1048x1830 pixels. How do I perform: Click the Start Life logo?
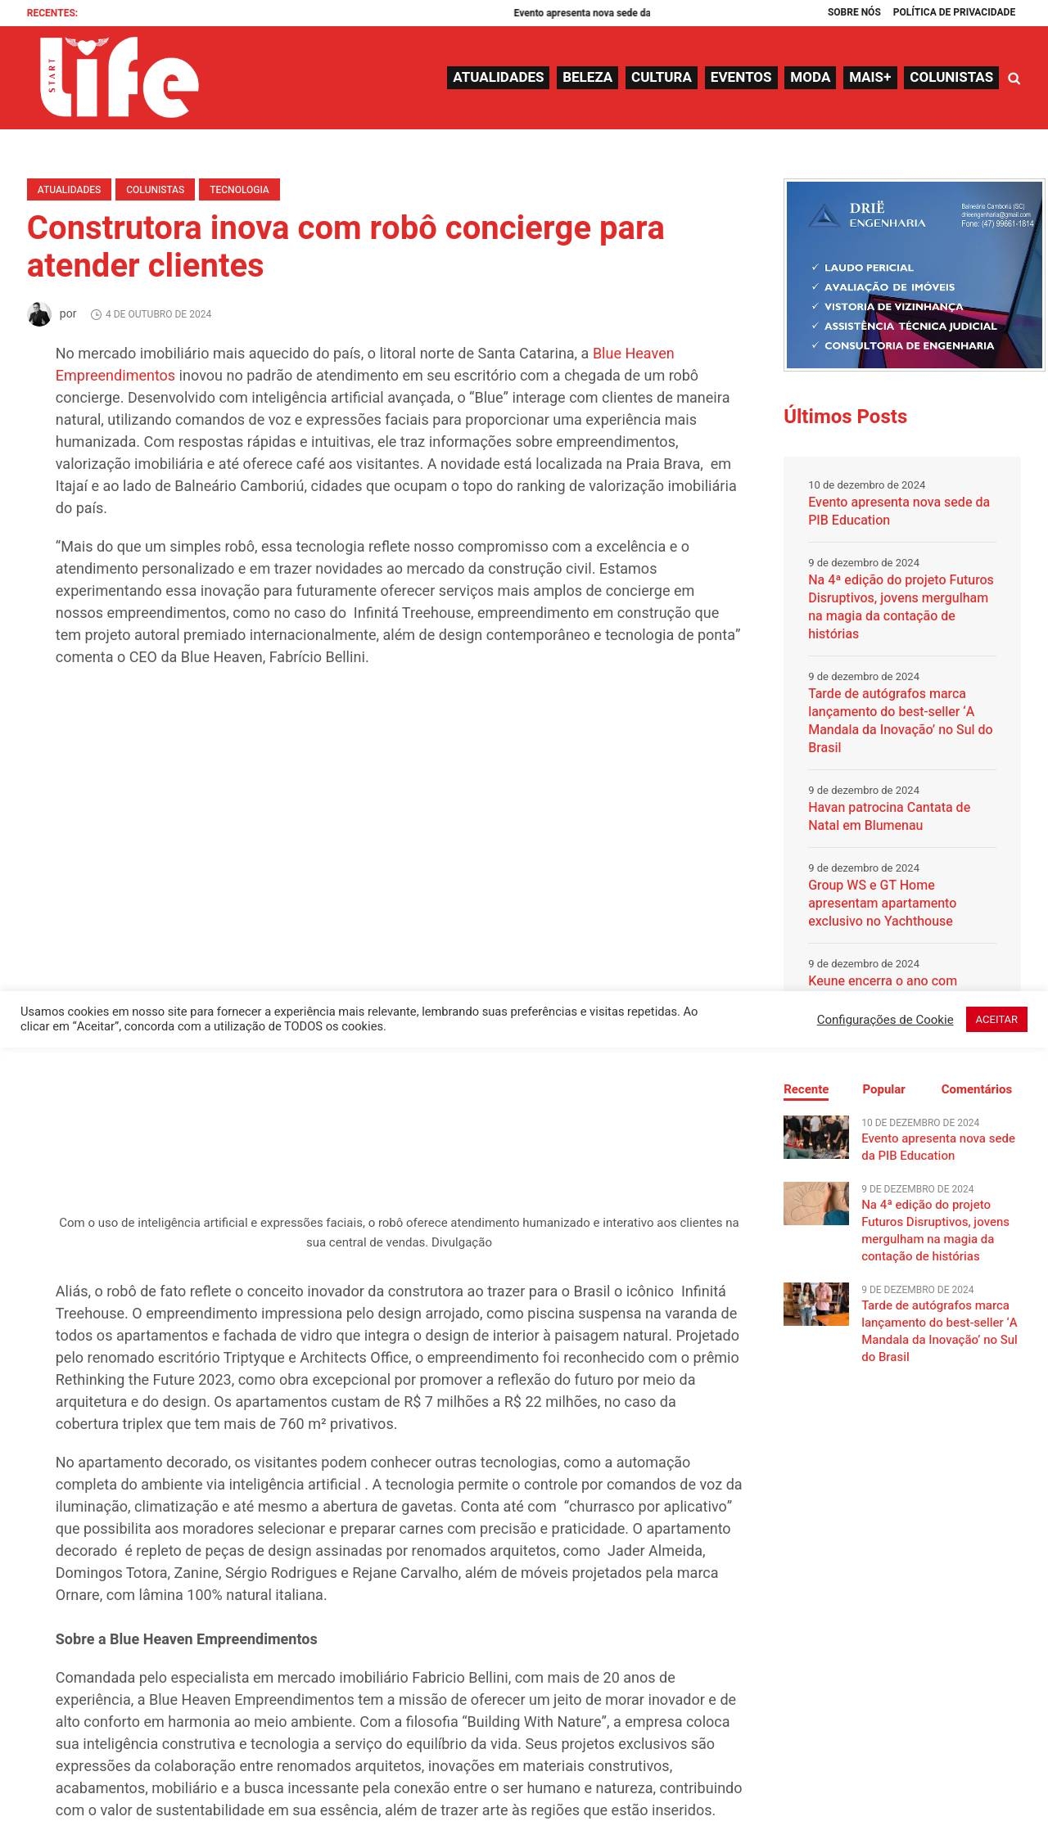tap(119, 78)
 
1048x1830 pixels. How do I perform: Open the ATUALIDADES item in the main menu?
tap(498, 78)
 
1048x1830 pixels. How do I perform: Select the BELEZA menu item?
tap(587, 78)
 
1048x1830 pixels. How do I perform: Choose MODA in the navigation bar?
tap(810, 78)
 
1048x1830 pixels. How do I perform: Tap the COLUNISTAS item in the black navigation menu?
tap(951, 78)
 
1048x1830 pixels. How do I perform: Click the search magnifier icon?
tap(1014, 79)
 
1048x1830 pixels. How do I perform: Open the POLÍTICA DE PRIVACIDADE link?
tap(954, 12)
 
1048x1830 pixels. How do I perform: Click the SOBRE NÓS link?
tap(854, 12)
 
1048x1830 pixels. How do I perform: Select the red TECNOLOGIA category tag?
tap(239, 190)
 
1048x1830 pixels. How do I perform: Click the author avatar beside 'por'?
tap(39, 314)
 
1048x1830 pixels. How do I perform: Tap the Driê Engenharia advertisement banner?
tap(914, 275)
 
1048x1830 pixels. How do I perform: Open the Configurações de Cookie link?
tap(884, 1020)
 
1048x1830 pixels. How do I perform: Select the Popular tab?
tap(883, 1089)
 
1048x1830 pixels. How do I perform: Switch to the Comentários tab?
tap(976, 1089)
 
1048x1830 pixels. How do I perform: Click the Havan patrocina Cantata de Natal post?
tap(888, 816)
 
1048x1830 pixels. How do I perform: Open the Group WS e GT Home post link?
tap(882, 903)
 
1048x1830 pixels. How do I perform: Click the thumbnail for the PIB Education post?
tap(815, 1137)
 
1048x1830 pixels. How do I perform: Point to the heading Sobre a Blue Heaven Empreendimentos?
tap(186, 1639)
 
